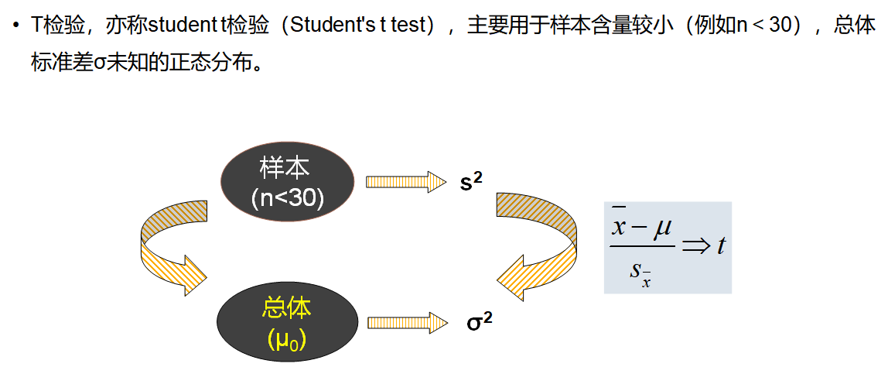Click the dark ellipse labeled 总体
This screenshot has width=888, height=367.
(x=287, y=320)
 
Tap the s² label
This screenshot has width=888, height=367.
(x=471, y=183)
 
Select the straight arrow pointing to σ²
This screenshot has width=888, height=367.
(x=407, y=321)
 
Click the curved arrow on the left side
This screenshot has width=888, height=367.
(x=171, y=247)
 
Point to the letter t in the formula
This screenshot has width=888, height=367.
(x=721, y=245)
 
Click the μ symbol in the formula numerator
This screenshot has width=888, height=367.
(x=662, y=228)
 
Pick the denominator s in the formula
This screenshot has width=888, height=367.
(x=636, y=269)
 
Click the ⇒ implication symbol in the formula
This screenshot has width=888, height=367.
(x=695, y=246)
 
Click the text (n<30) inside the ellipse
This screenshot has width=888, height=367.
(x=287, y=198)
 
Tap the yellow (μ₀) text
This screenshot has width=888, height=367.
(x=287, y=338)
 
